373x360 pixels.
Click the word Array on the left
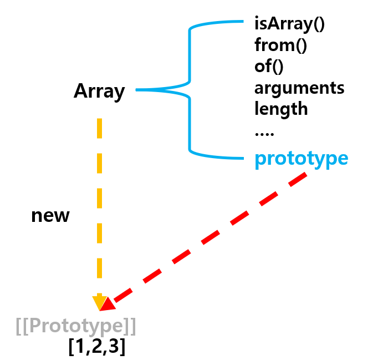pyautogui.click(x=99, y=91)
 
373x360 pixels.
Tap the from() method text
pyautogui.click(x=280, y=45)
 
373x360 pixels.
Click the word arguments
pyautogui.click(x=299, y=88)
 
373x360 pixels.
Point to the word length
pyautogui.click(x=281, y=108)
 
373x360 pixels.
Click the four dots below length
pyautogui.click(x=264, y=133)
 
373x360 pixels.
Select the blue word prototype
pyautogui.click(x=301, y=159)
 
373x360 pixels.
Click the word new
pyautogui.click(x=50, y=215)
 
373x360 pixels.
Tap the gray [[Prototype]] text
pyautogui.click(x=76, y=326)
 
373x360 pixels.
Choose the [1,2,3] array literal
pyautogui.click(x=96, y=347)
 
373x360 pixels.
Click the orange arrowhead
pyautogui.click(x=98, y=302)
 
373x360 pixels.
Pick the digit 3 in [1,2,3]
pyautogui.click(x=115, y=347)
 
